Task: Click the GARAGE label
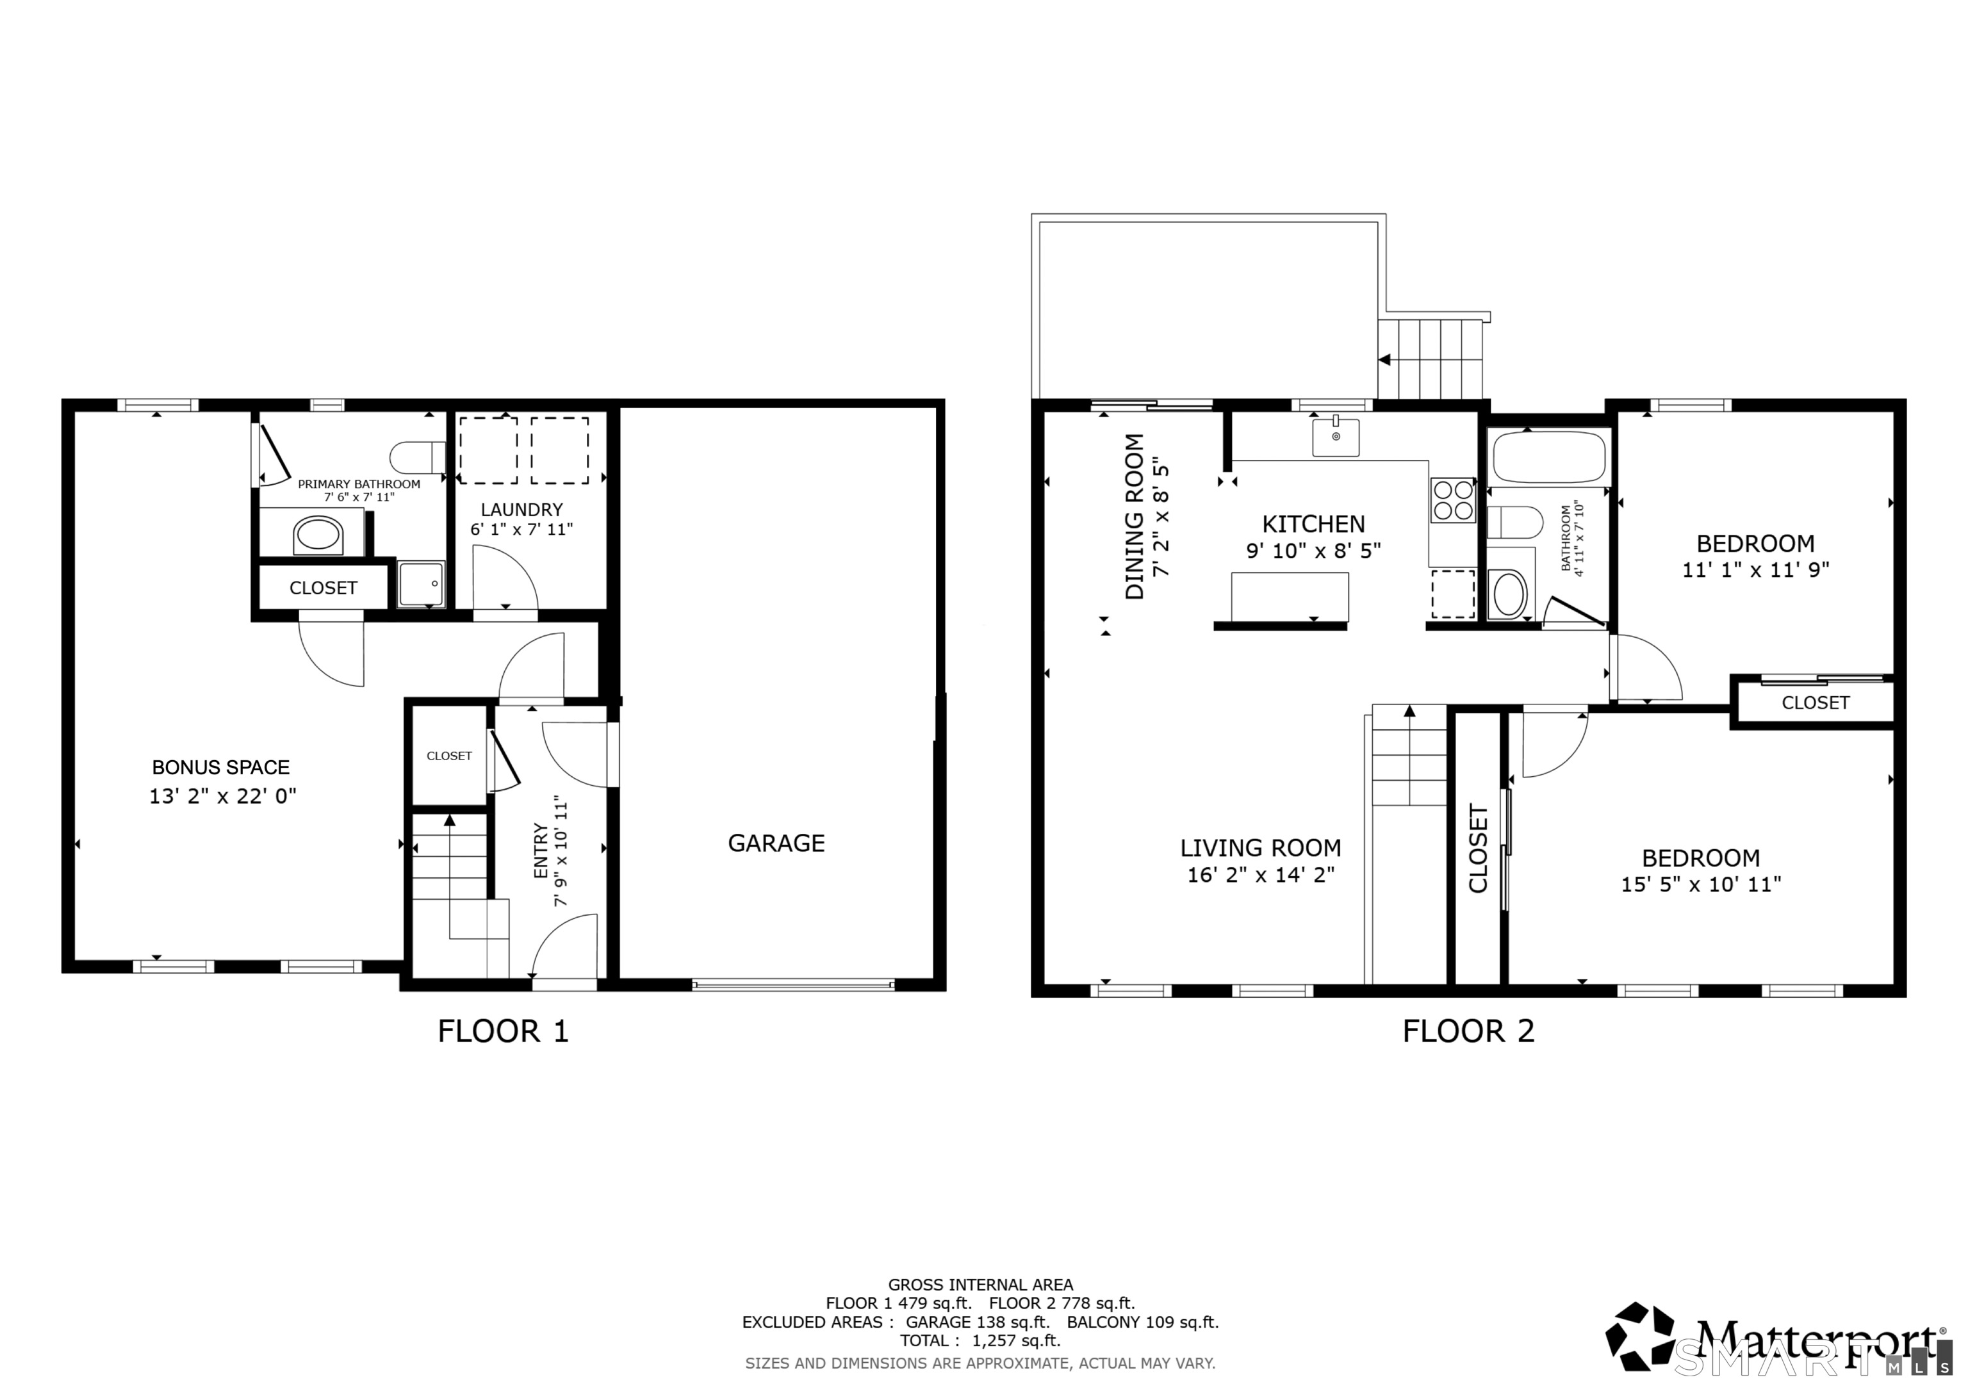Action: tap(776, 843)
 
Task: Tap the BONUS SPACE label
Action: tap(220, 767)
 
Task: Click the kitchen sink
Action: tap(1336, 437)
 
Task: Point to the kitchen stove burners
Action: tap(1452, 501)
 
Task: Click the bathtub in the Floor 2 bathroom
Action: tap(1549, 457)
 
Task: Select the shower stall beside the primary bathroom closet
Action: tap(422, 583)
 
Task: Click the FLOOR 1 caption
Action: tap(503, 1031)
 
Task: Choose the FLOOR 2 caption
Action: tap(1468, 1031)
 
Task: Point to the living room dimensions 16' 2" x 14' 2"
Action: tap(1260, 875)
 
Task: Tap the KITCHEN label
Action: tap(1313, 524)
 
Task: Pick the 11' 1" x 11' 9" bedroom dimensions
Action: tap(1755, 570)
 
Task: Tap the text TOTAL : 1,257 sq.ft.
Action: tap(980, 1340)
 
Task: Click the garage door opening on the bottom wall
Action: tap(793, 986)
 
